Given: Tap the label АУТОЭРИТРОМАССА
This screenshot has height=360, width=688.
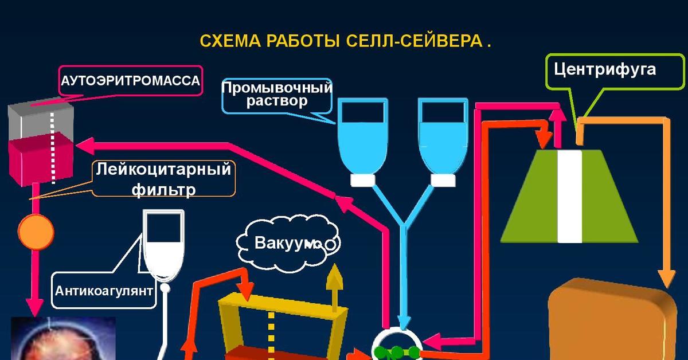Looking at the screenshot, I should coord(131,81).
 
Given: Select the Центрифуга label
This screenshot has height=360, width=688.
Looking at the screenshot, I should coord(604,70).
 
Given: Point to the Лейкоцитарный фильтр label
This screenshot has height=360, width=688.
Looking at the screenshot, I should coord(163,179).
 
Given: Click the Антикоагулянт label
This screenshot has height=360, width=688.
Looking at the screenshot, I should coord(104,290).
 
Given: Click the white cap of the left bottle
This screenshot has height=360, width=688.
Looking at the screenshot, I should coord(363,180).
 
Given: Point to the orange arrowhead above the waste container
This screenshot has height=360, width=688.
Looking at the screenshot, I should coord(666,277).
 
